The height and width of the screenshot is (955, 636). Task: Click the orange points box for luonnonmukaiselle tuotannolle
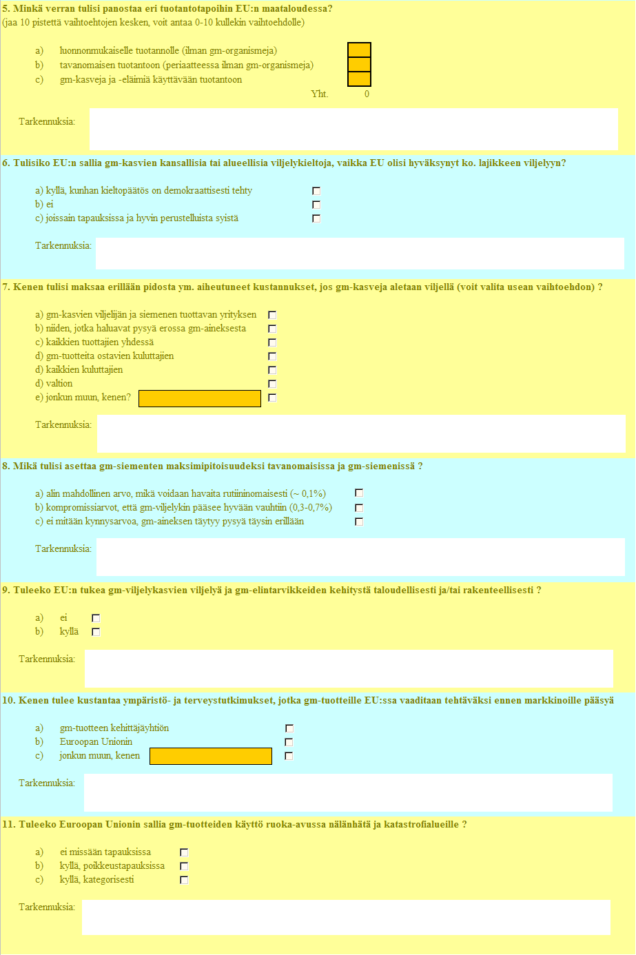359,50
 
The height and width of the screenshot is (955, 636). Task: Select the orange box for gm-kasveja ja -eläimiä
359,79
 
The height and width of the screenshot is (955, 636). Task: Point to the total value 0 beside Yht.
367,94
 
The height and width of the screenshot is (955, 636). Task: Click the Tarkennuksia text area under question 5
353,130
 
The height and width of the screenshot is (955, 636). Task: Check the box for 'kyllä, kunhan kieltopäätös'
316,191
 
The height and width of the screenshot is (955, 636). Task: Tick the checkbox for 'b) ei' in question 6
316,205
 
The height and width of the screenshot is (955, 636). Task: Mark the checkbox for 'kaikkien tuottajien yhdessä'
272,342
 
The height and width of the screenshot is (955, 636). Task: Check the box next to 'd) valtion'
272,384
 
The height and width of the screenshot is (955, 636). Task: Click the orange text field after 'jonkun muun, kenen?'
200,398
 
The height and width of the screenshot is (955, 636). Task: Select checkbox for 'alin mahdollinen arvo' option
359,493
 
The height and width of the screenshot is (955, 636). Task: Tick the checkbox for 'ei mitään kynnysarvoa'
359,522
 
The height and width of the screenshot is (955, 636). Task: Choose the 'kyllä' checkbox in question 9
96,632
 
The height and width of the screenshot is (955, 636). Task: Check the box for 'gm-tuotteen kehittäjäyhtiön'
289,728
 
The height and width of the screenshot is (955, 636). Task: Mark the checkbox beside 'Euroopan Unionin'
289,742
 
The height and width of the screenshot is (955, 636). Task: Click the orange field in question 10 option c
211,757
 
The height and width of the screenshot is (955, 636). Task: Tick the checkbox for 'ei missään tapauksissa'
184,852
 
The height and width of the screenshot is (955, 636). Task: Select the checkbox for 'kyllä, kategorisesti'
184,880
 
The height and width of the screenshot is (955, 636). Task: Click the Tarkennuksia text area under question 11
346,918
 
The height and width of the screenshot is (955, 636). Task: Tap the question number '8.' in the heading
6,466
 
